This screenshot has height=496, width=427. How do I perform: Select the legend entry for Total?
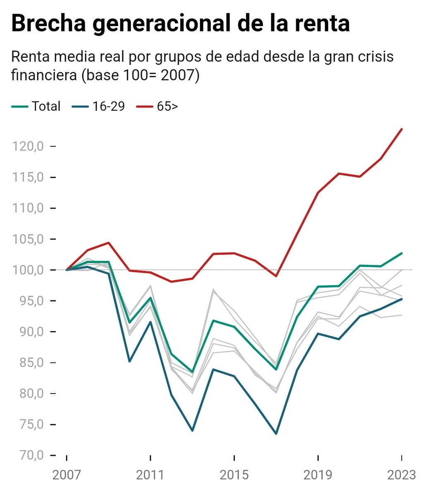coord(46,106)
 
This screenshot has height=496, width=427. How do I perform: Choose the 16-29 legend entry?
coord(108,106)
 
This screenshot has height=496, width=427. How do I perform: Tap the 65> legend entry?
coord(167,106)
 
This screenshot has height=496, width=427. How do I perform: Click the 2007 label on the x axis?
coord(67,475)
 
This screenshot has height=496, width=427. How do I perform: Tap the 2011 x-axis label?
coord(150,475)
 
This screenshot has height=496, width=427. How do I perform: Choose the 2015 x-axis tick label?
coord(234,475)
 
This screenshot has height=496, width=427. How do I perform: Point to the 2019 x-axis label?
coord(318,475)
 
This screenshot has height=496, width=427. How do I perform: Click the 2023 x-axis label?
coord(401,475)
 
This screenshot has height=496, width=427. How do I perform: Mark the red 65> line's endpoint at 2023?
coord(402,129)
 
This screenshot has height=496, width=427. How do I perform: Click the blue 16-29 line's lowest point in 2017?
coord(276,434)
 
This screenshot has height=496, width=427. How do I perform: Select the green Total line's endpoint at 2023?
coord(402,253)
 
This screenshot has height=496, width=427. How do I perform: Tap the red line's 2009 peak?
coord(108,243)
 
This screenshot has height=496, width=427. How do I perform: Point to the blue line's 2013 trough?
coord(192,430)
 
